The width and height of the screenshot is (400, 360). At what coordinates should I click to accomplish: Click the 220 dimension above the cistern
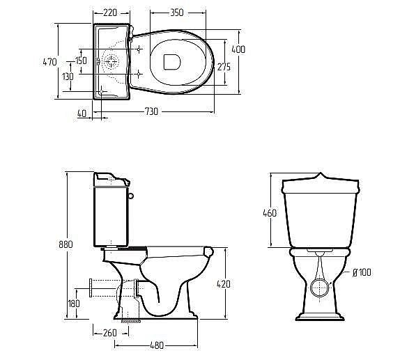110,13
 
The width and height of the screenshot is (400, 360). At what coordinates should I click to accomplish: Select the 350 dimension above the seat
177,13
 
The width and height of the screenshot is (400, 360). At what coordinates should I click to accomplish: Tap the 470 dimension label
49,62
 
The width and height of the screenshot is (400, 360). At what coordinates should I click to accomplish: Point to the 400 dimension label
238,49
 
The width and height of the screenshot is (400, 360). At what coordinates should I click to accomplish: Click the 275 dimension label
224,67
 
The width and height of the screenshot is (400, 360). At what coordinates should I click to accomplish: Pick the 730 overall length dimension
151,111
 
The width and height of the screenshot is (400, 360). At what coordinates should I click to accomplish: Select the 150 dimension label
81,61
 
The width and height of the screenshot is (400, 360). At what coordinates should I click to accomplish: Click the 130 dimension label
68,76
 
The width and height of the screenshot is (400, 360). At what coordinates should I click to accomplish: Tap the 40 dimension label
82,114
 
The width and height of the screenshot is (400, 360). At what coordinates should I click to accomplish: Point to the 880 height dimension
66,244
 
